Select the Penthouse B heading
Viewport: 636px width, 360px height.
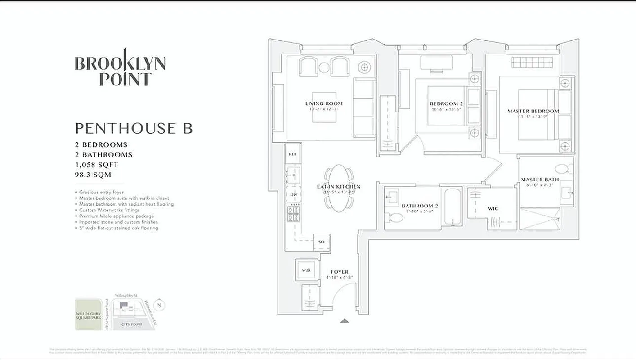[134, 128]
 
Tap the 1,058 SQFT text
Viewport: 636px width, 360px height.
[97, 165]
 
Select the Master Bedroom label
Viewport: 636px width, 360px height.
[533, 111]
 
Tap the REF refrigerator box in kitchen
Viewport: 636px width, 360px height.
[292, 154]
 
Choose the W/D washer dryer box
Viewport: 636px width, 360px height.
[306, 270]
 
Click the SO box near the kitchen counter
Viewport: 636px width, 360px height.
[322, 242]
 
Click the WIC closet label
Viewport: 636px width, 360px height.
[493, 209]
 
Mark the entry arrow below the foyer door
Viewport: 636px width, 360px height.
[345, 320]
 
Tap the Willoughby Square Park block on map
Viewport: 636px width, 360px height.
[88, 314]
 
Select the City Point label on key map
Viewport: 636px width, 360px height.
[132, 324]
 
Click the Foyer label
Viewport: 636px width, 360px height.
[339, 272]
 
